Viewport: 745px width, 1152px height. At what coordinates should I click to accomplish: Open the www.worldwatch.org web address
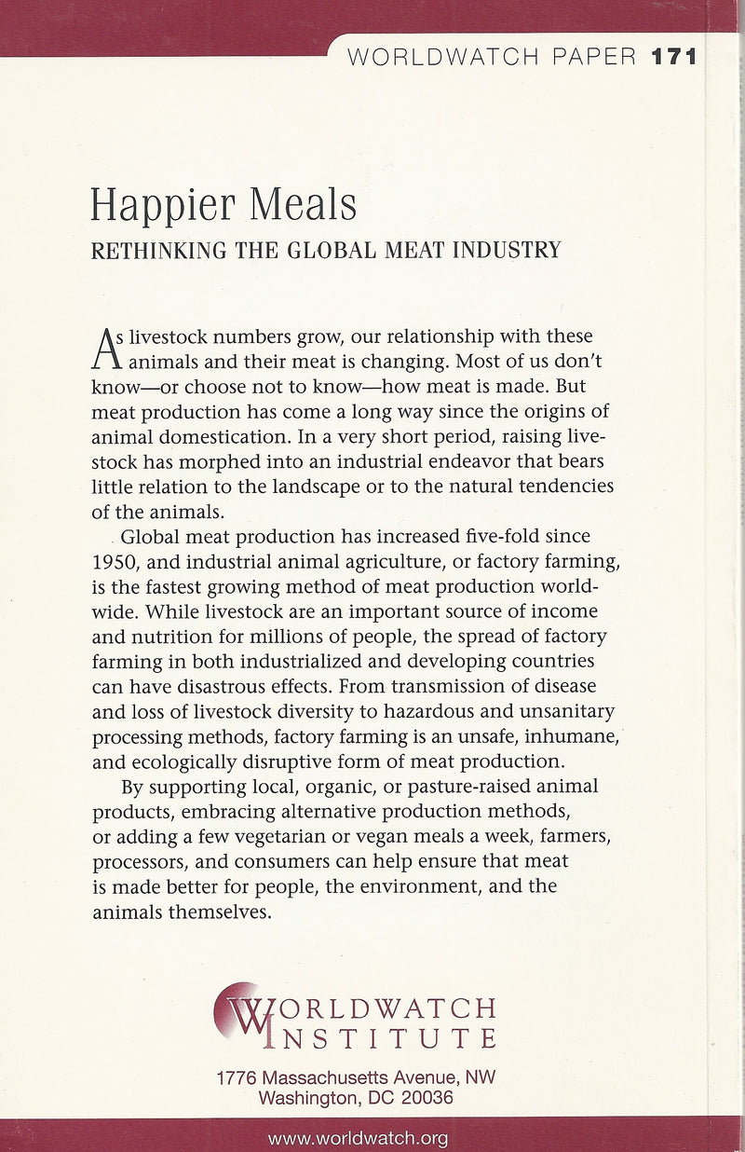click(359, 1138)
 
